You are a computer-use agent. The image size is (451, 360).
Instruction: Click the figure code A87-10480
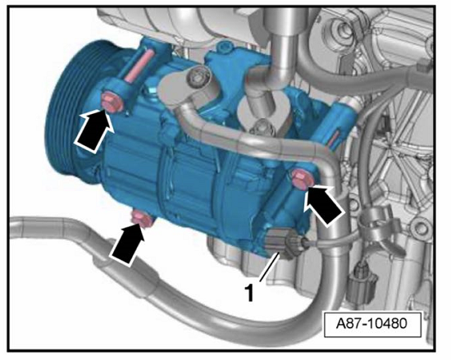pyautogui.click(x=372, y=323)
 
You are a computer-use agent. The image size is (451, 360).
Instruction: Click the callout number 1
pyautogui.click(x=249, y=293)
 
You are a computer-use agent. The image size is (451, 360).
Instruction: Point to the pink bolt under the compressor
pyautogui.click(x=141, y=221)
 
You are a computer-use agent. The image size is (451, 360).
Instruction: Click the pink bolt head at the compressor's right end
pyautogui.click(x=301, y=180)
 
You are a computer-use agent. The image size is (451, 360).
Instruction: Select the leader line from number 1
pyautogui.click(x=270, y=267)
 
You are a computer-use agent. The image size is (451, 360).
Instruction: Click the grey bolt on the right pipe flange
pyautogui.click(x=261, y=127)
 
